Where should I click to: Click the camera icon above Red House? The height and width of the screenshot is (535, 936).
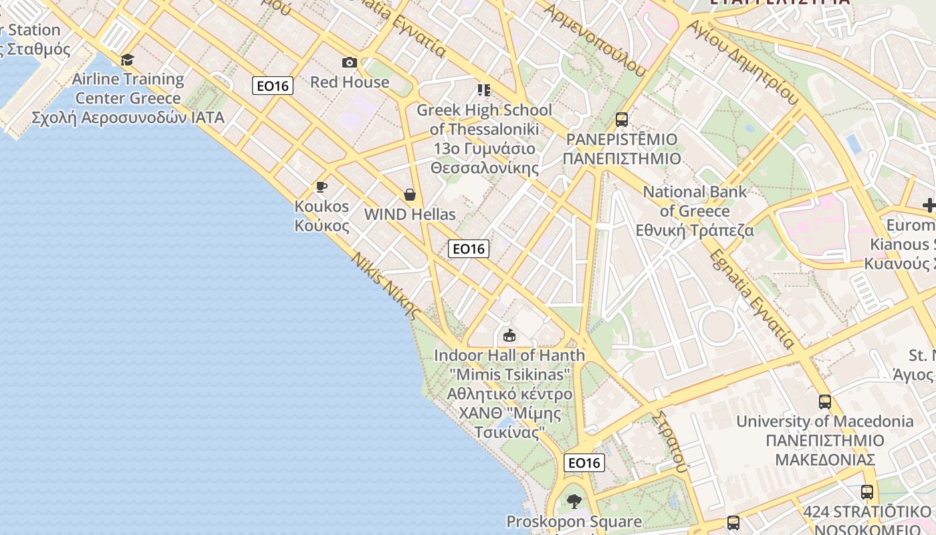[x=349, y=63]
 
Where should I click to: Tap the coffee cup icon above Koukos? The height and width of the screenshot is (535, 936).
[x=322, y=187]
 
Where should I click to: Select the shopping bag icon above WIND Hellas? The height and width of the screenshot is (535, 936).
[x=409, y=195]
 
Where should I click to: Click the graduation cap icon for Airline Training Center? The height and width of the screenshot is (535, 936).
[x=127, y=60]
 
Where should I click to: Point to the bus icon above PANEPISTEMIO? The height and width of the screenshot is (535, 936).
[x=622, y=120]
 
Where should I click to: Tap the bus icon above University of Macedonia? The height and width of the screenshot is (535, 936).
[x=825, y=402]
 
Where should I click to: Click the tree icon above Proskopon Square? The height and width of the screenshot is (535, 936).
[x=574, y=501]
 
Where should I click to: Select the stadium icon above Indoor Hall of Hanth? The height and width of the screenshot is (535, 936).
[x=509, y=335]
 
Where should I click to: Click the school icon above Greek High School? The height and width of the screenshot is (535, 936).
[x=484, y=90]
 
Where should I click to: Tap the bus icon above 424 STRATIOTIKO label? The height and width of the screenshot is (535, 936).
[x=867, y=492]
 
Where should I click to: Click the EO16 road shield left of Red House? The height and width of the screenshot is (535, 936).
[x=273, y=86]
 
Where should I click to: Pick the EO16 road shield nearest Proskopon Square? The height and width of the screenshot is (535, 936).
[x=584, y=463]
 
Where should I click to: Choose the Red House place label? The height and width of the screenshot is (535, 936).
[x=350, y=82]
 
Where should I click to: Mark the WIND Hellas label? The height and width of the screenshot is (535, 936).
[x=410, y=215]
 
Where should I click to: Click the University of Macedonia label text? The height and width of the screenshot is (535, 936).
[x=824, y=421]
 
